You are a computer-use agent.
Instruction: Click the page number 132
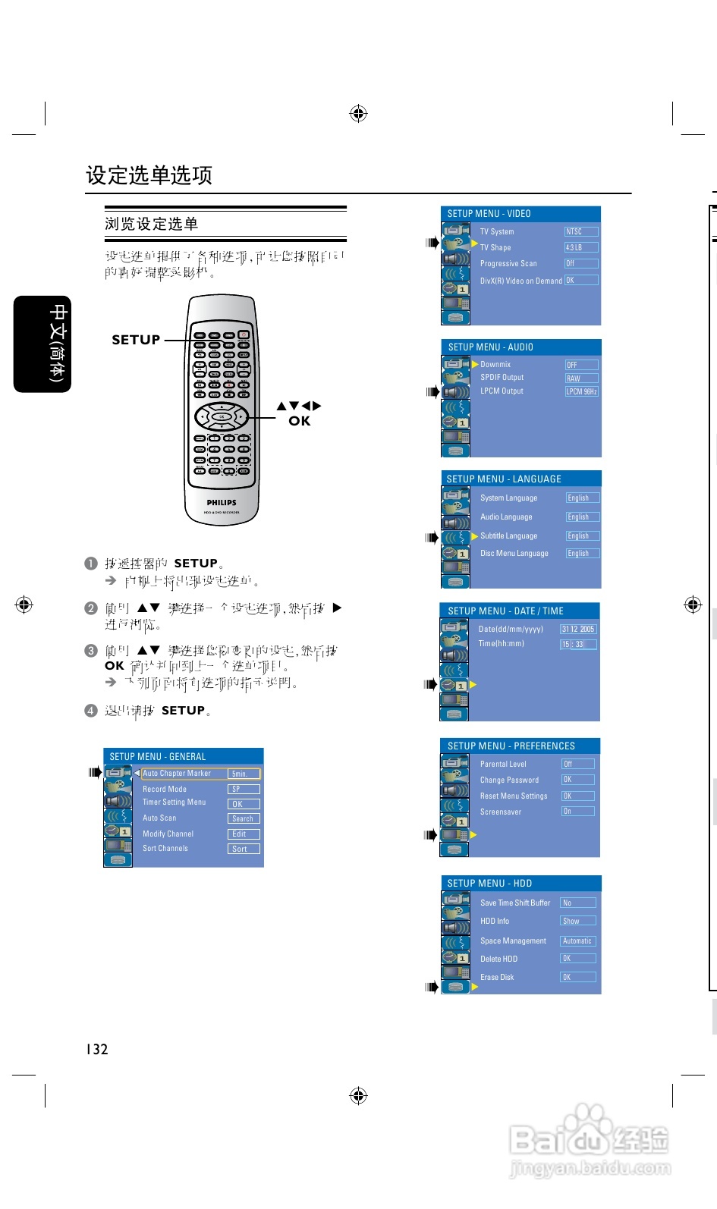[x=96, y=1049]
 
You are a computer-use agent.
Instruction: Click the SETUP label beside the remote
[x=136, y=340]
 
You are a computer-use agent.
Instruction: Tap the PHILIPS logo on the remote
[x=222, y=502]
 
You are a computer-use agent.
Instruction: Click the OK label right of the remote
[x=299, y=421]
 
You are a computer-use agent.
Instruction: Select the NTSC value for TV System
[x=581, y=231]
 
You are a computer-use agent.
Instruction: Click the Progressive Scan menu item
[x=508, y=264]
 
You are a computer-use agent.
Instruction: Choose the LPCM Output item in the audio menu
[x=502, y=391]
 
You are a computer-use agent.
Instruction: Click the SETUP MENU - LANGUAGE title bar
[x=521, y=479]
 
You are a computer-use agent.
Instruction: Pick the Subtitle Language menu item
[x=508, y=535]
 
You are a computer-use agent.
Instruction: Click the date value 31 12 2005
[x=578, y=629]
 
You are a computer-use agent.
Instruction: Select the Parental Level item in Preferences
[x=503, y=764]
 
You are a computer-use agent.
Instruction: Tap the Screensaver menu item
[x=501, y=812]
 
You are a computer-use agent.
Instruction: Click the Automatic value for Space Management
[x=578, y=941]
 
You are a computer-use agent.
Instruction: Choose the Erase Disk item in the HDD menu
[x=497, y=977]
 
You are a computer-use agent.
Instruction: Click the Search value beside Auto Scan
[x=244, y=818]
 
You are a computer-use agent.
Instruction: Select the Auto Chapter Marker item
[x=177, y=774]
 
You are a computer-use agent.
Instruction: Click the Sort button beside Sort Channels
[x=244, y=849]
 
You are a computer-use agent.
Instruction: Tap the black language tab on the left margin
[x=42, y=344]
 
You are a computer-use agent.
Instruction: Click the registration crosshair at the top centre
[x=358, y=114]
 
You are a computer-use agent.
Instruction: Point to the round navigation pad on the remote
[x=222, y=416]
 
